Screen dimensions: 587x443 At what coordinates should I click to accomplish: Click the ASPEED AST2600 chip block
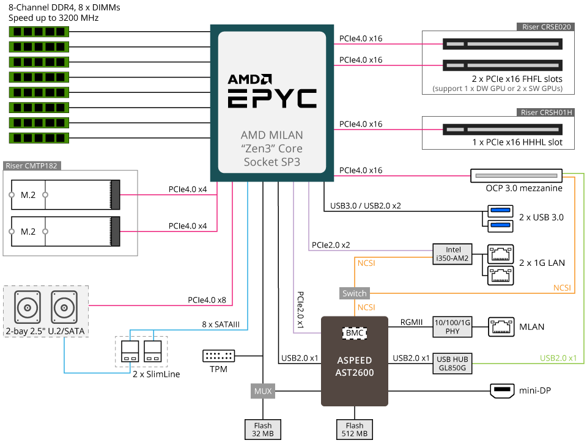(x=355, y=361)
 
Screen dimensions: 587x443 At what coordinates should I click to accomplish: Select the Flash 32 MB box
(x=263, y=430)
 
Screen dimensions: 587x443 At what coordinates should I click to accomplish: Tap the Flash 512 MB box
(x=355, y=430)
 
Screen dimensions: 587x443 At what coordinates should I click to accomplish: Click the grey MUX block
(x=263, y=391)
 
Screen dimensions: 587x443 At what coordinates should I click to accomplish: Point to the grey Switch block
(x=355, y=293)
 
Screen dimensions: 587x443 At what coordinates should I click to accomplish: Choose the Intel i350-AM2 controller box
(x=452, y=254)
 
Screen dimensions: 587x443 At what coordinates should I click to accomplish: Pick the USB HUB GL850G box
(x=452, y=364)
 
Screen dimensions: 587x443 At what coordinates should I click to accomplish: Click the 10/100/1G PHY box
(x=452, y=327)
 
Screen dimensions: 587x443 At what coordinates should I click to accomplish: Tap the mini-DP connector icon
(x=502, y=391)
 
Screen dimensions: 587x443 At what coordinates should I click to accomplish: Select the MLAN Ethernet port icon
(x=501, y=327)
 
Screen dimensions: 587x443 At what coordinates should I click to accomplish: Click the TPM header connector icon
(x=219, y=356)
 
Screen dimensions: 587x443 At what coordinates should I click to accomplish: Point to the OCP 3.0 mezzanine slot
(x=516, y=175)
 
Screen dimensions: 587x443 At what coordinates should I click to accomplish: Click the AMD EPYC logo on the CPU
(x=272, y=91)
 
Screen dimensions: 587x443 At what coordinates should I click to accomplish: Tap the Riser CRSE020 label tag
(x=546, y=27)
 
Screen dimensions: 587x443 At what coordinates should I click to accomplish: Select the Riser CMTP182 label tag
(x=31, y=166)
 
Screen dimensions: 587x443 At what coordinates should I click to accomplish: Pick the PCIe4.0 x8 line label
(x=207, y=300)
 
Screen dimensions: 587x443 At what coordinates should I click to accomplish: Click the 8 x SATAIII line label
(x=221, y=324)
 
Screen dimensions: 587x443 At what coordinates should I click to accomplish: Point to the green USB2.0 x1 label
(x=558, y=358)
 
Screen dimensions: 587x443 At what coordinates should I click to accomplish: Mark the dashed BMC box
(x=355, y=333)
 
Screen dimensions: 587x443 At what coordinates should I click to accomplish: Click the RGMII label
(x=411, y=322)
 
